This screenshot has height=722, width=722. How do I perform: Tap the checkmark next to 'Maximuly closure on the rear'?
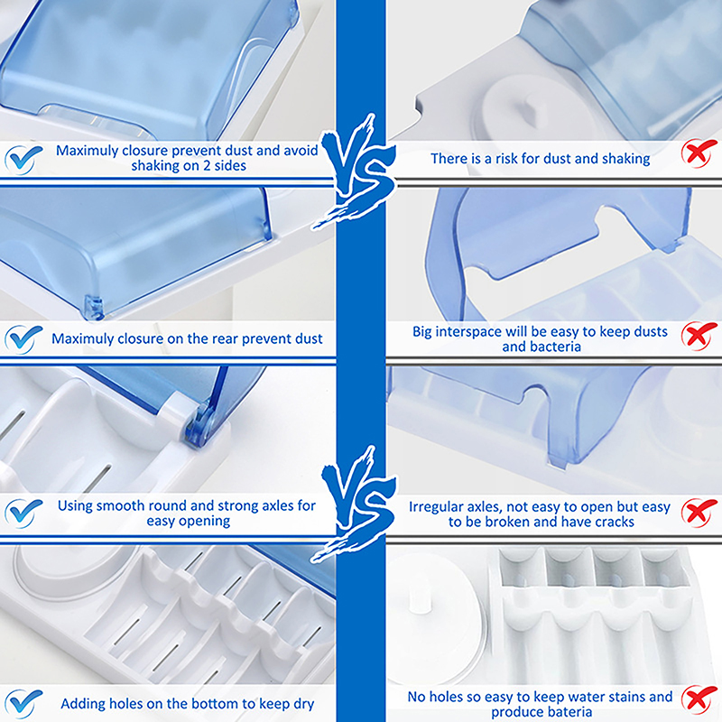[x=22, y=339]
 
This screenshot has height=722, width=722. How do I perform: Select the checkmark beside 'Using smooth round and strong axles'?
[x=22, y=514]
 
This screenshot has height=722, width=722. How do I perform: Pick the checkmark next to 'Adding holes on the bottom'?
[x=22, y=704]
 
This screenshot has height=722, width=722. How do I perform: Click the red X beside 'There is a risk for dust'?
[x=699, y=153]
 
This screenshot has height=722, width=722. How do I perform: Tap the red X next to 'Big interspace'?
[x=699, y=336]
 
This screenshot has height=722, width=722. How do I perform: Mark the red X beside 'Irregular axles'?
[x=699, y=512]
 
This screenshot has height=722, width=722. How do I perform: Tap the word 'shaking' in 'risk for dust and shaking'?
[x=625, y=159]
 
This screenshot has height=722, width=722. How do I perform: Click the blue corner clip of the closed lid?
[x=94, y=307]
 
